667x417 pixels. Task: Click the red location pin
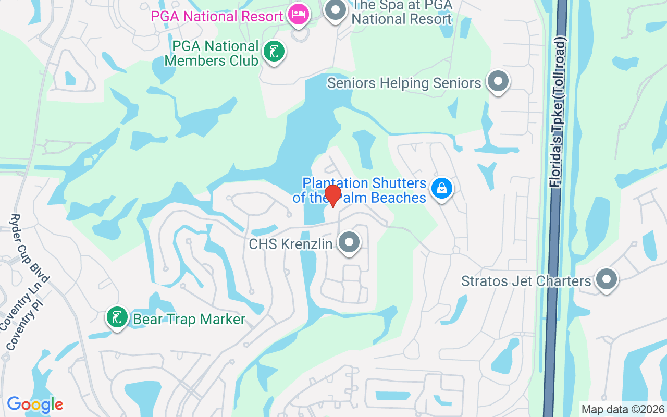(332, 196)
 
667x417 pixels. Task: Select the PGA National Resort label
(217, 16)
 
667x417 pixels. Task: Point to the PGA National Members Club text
(212, 54)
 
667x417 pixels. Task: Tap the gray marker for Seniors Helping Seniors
(498, 82)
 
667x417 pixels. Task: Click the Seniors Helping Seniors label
(404, 83)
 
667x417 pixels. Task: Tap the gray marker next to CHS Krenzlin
(349, 242)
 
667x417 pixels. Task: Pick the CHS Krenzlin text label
(290, 244)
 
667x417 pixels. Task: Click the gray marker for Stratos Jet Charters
(606, 279)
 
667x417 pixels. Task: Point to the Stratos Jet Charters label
(526, 281)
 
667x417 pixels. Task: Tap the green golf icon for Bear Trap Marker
(117, 317)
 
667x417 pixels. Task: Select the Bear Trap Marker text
(189, 319)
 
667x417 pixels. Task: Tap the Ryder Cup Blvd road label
(30, 248)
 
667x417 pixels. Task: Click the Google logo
(35, 404)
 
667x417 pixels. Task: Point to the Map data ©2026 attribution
(623, 409)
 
